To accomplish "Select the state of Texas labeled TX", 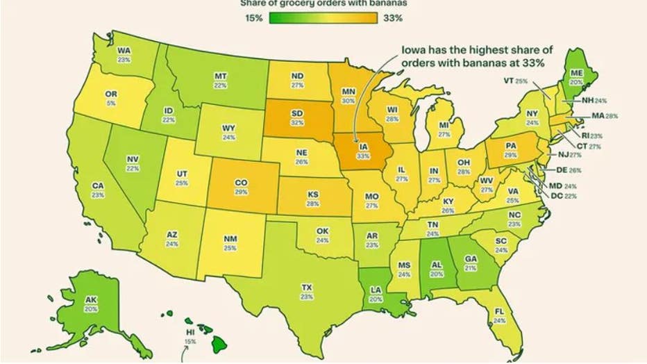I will (x=306, y=287).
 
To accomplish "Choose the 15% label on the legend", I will (x=253, y=18).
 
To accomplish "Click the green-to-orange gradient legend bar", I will (x=323, y=18).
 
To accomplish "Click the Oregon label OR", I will (x=110, y=94).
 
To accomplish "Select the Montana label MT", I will (x=221, y=74).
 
